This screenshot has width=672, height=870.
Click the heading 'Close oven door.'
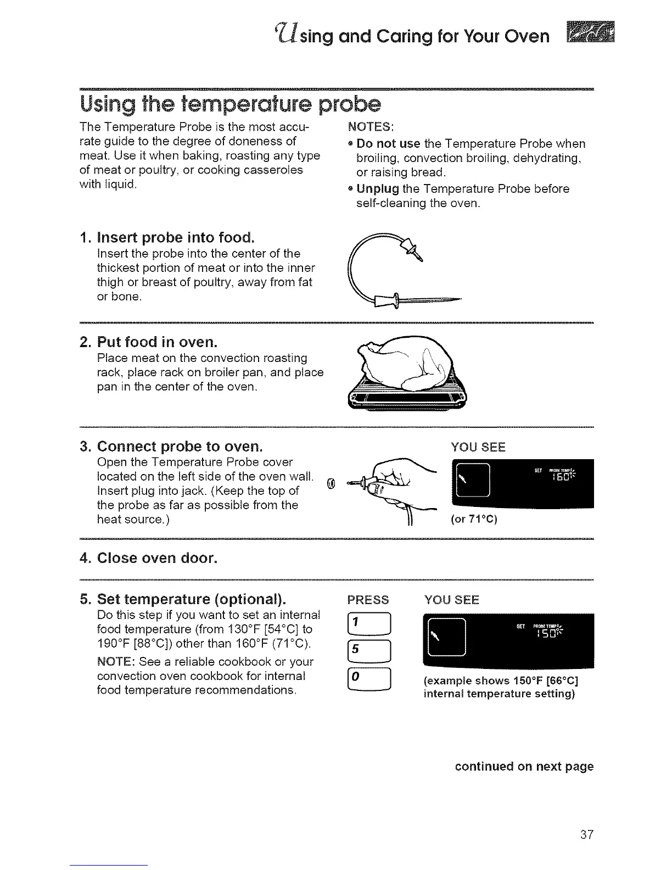tap(157, 559)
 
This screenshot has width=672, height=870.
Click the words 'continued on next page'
tap(524, 766)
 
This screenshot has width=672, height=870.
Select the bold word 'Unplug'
tap(377, 189)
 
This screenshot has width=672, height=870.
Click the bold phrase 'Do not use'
tap(388, 144)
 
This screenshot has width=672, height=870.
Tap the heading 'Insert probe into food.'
tap(175, 238)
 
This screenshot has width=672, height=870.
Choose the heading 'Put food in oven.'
tap(157, 342)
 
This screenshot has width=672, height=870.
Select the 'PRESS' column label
tap(368, 599)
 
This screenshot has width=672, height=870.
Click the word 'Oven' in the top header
tap(522, 36)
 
